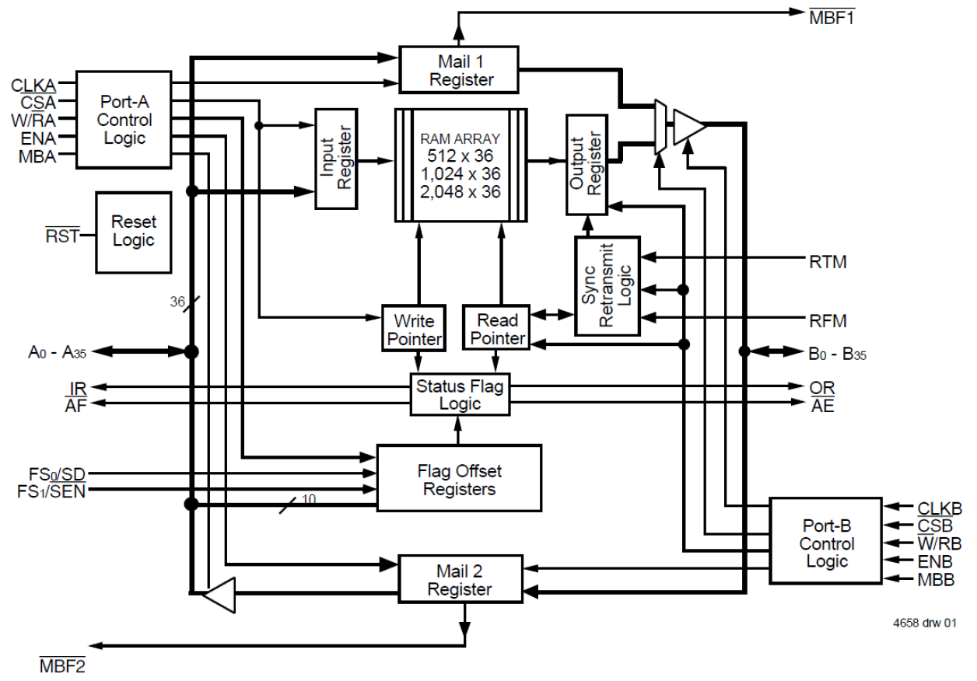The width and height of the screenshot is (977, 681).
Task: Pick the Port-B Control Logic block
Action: point(826,543)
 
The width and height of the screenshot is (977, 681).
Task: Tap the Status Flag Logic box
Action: point(459,394)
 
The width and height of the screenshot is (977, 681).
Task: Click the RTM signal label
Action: point(828,263)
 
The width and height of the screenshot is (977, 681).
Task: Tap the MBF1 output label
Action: point(833,16)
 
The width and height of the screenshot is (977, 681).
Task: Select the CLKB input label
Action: point(940,508)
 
